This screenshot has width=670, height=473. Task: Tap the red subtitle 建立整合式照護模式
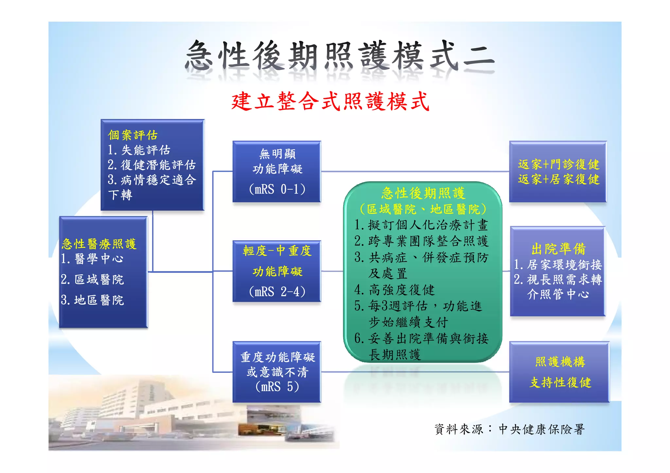click(330, 102)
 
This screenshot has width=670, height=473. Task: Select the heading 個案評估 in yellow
click(133, 135)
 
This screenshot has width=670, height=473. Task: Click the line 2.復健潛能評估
click(151, 165)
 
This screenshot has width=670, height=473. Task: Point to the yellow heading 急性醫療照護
click(99, 244)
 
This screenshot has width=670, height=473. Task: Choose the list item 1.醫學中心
click(92, 259)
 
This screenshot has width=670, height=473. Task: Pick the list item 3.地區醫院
click(92, 300)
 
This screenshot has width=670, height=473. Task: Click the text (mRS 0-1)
click(277, 189)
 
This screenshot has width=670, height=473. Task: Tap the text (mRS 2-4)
click(277, 292)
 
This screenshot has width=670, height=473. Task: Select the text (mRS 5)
click(277, 387)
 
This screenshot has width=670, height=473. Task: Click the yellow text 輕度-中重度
click(277, 251)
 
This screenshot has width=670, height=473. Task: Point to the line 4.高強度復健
click(395, 290)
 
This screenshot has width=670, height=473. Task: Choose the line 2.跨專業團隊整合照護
click(421, 241)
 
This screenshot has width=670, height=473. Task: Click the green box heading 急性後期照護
click(423, 193)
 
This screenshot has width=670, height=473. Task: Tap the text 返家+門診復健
click(558, 164)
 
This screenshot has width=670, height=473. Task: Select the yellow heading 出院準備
click(558, 249)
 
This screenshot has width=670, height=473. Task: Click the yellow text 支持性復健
click(560, 382)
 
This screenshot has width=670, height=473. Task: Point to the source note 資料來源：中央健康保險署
click(509, 430)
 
